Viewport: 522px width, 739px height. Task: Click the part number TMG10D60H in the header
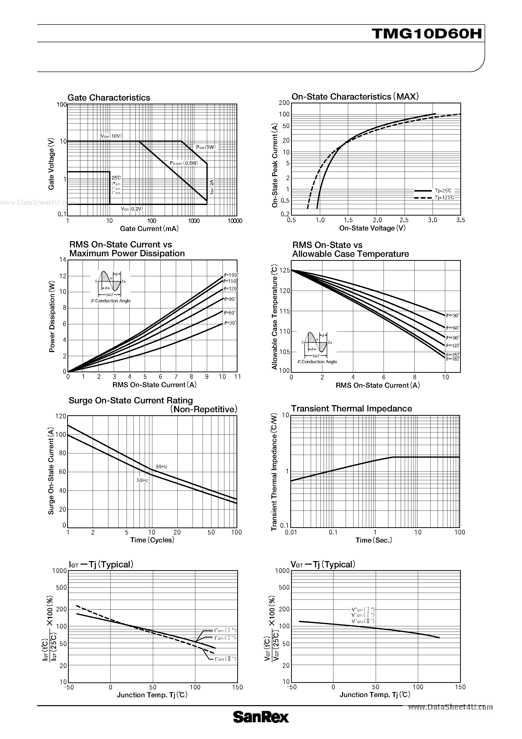[427, 33]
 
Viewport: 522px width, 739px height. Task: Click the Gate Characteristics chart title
[109, 98]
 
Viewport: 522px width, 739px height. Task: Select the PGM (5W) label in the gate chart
[206, 147]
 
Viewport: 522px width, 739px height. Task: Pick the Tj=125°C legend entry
[444, 198]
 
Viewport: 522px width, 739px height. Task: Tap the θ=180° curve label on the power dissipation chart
[230, 275]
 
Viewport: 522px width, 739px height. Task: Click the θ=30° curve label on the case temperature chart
[453, 316]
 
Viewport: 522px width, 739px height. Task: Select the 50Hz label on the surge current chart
[142, 480]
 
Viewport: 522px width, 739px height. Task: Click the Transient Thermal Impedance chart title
[351, 408]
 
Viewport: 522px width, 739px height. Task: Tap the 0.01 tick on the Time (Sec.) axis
[291, 532]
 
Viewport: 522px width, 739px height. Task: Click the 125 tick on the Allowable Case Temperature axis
[284, 270]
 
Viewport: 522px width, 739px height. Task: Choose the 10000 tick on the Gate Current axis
[235, 221]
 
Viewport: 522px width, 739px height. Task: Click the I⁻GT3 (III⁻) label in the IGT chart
[225, 659]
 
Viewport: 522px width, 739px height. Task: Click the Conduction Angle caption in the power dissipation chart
[111, 301]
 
